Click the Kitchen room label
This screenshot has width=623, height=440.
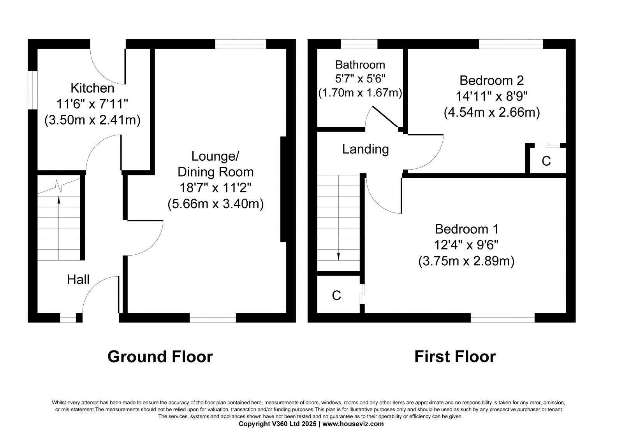(92, 88)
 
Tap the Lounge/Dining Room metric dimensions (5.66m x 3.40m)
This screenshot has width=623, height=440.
(215, 204)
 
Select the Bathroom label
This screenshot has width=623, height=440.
(360, 65)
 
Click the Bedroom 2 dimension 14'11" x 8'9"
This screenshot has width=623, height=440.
(491, 96)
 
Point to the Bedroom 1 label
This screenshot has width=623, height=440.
(466, 229)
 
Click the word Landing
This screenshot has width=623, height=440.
(365, 149)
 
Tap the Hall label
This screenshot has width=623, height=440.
(78, 279)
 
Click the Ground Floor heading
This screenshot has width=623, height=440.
(160, 356)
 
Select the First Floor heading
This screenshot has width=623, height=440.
(455, 356)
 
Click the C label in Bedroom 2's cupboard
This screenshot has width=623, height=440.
(546, 161)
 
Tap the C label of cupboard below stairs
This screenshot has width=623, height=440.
(336, 296)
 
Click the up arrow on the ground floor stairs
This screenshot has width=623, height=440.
(59, 200)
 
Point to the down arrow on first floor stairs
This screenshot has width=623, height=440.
(338, 256)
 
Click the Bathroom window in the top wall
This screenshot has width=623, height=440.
(359, 44)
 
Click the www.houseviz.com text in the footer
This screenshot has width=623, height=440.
(353, 424)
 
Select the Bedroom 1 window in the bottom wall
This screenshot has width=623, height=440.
(502, 318)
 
